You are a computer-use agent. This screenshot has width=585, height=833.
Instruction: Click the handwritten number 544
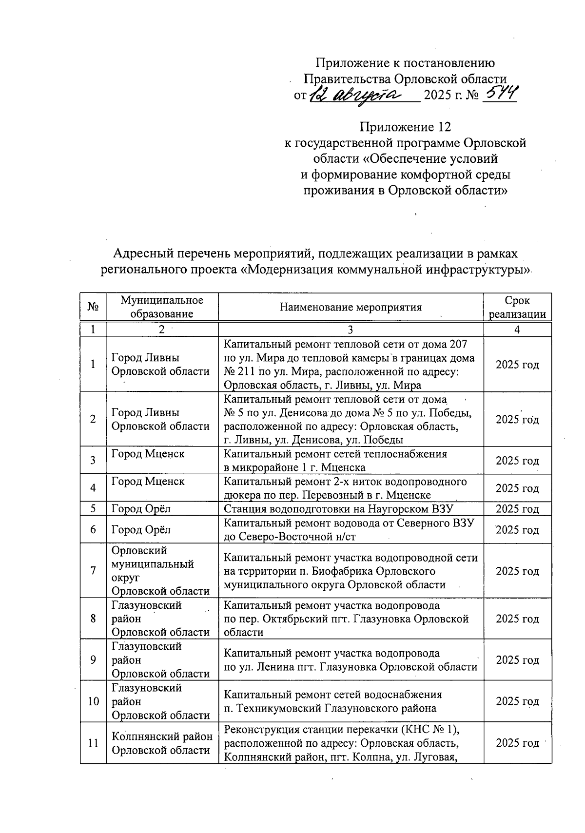[498, 93]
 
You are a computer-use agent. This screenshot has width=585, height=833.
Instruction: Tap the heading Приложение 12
[405, 127]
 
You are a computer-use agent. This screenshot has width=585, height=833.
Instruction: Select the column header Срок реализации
[517, 307]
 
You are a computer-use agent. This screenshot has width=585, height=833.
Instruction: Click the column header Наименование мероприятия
[351, 307]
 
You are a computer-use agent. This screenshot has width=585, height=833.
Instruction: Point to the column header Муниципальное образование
[162, 307]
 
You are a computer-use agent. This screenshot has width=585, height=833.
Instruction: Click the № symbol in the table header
[93, 307]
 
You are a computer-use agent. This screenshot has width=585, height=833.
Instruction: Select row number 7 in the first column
[93, 571]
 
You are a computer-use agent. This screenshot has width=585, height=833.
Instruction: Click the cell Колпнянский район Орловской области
[162, 743]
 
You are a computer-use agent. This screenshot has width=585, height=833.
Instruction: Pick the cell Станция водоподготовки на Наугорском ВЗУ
[338, 509]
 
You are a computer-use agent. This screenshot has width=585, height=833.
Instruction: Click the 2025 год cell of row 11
[517, 743]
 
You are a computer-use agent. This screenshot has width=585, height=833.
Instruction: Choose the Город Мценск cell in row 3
[148, 454]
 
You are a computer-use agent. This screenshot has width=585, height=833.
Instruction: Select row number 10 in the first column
[93, 701]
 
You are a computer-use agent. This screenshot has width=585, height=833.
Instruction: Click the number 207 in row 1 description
[458, 345]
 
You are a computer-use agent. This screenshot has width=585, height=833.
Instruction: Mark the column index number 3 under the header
[350, 329]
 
